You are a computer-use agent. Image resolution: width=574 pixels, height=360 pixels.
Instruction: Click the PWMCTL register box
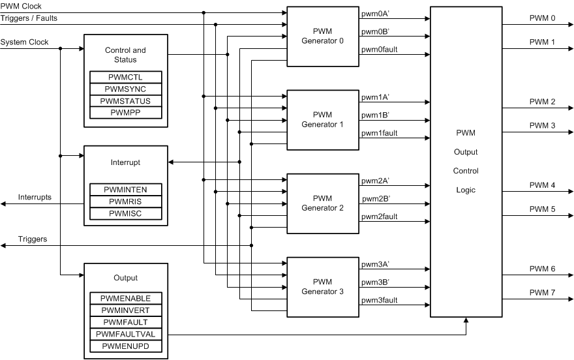pos(126,77)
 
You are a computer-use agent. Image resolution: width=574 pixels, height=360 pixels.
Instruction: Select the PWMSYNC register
pos(126,89)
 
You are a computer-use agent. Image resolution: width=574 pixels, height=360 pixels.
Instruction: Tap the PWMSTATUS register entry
pos(126,101)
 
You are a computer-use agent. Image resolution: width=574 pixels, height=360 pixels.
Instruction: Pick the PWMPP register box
pos(126,113)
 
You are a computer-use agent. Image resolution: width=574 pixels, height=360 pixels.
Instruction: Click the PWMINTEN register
pos(126,189)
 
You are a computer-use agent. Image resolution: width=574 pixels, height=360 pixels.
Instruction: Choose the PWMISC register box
pos(126,213)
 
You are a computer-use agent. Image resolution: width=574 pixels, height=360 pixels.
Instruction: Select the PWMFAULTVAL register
pos(126,334)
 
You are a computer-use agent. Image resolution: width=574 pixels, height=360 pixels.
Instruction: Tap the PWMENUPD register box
pos(126,346)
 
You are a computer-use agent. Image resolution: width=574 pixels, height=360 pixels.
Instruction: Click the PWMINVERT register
pos(126,310)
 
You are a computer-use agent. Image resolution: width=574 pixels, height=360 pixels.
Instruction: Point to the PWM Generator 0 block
pos(322,36)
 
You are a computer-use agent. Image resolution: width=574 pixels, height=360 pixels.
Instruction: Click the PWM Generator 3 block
pos(322,286)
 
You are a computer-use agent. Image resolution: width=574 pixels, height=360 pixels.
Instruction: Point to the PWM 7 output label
pos(542,293)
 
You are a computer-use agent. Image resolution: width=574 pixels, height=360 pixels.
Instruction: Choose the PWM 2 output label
pos(542,102)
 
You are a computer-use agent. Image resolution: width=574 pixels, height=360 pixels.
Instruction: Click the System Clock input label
pos(24,42)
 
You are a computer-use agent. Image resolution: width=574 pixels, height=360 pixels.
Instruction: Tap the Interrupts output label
pos(35,197)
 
